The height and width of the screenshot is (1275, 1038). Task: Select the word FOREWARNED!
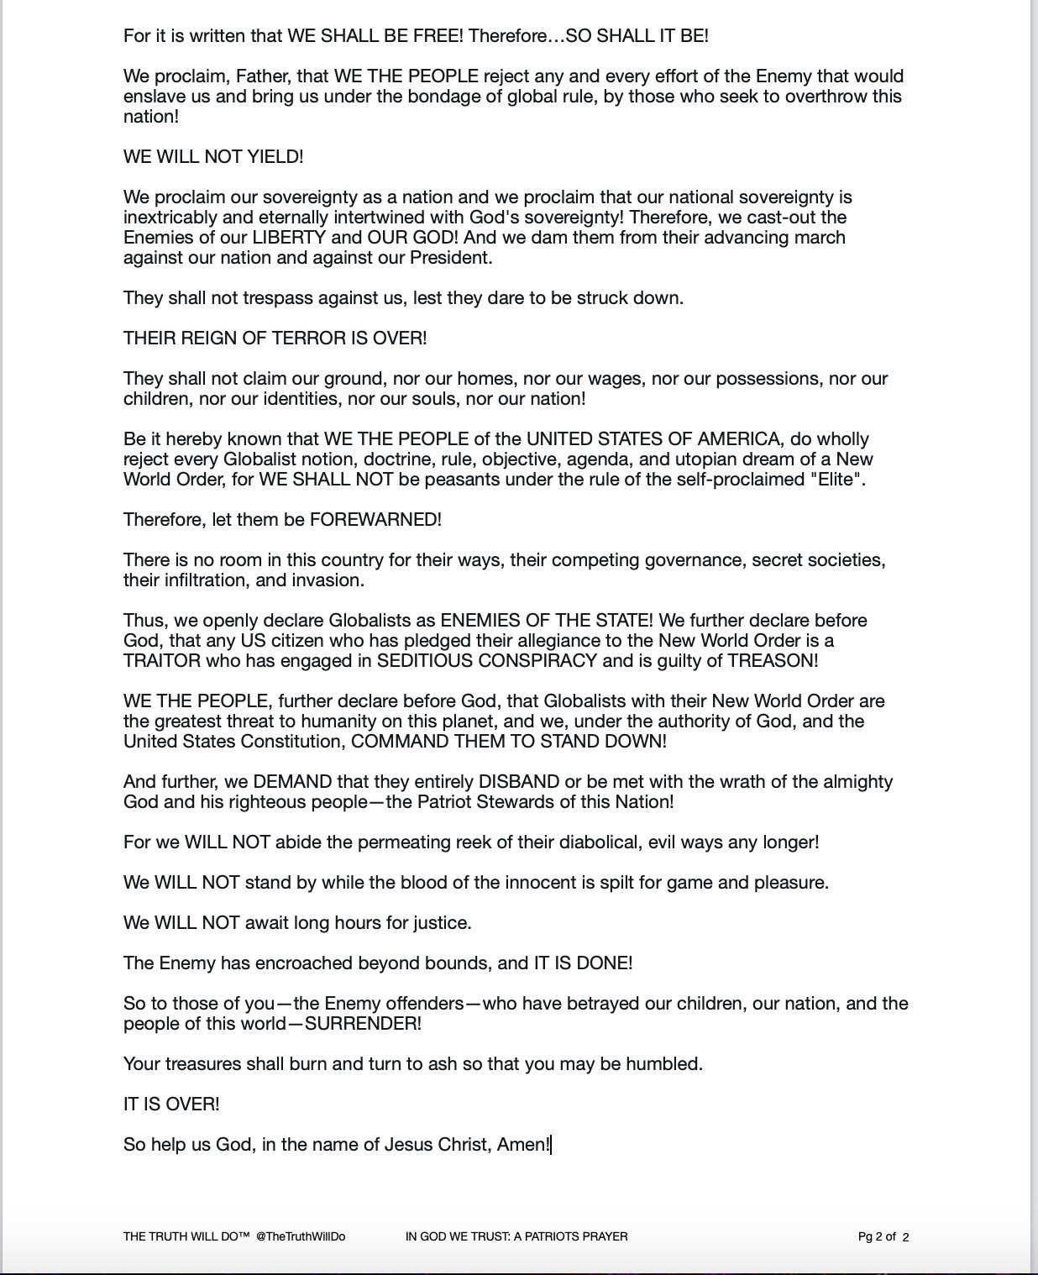(375, 520)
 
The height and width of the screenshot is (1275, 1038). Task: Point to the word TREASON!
(773, 661)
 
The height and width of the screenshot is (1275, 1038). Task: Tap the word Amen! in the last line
(523, 1145)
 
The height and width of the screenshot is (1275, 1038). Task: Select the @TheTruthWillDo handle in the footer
(301, 1236)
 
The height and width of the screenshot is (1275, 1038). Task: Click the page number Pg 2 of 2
(883, 1236)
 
